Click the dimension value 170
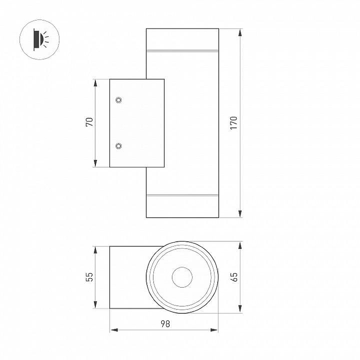coord(234,123)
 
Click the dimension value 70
coord(90,121)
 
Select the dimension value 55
coord(90,277)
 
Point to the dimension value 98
coord(165,324)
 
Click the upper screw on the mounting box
coord(119,100)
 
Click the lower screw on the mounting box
coord(119,146)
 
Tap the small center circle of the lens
coord(182,277)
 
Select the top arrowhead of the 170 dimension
coord(240,32)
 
